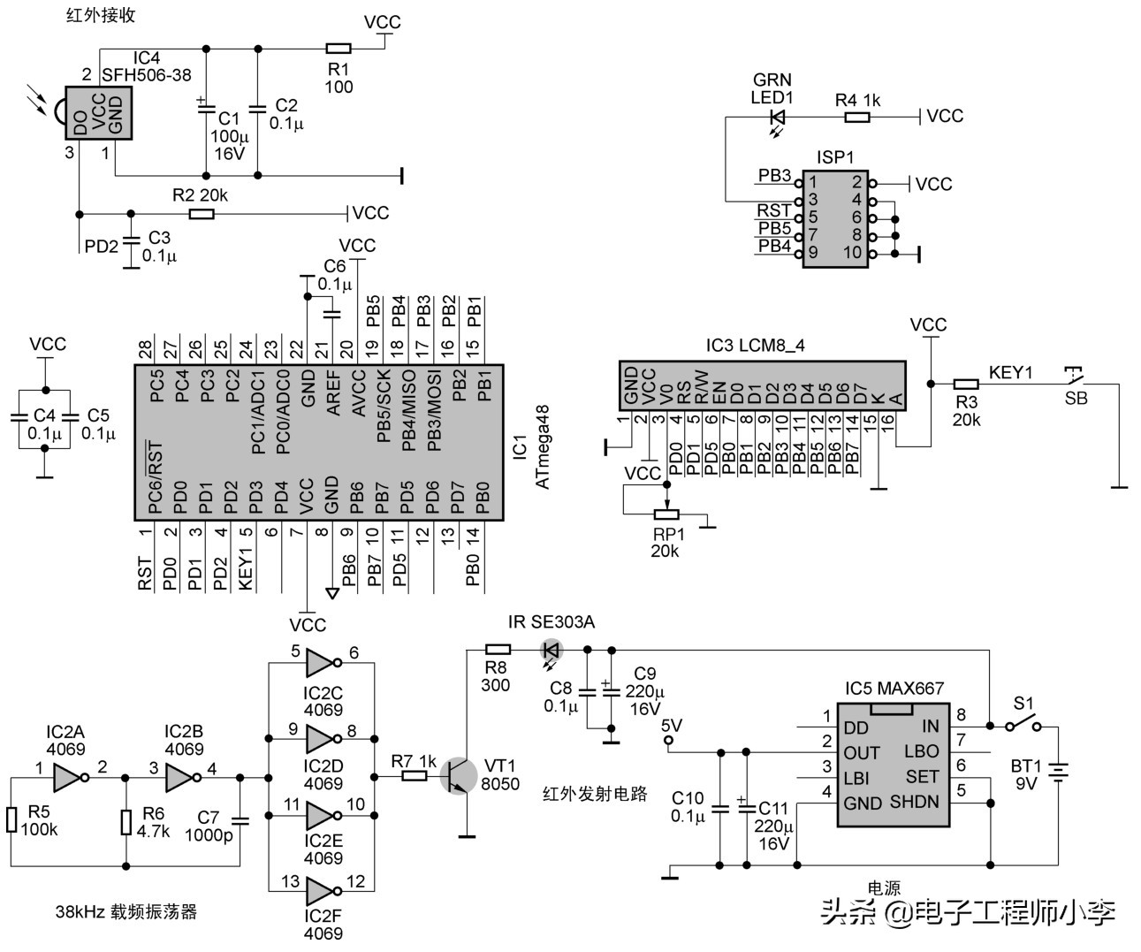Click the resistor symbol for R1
tap(338, 49)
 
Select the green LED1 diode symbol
tap(778, 116)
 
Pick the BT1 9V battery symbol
tap(1058, 773)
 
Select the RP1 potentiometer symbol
tap(666, 514)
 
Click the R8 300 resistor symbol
tap(498, 650)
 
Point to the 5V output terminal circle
tap(668, 740)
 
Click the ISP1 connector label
tap(834, 157)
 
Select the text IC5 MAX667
tap(894, 689)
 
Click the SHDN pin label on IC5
tap(914, 802)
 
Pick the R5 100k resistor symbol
tap(11, 819)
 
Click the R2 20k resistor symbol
tap(202, 214)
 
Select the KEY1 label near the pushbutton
tap(1010, 372)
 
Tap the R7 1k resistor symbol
tap(415, 776)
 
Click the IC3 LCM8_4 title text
tap(755, 345)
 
